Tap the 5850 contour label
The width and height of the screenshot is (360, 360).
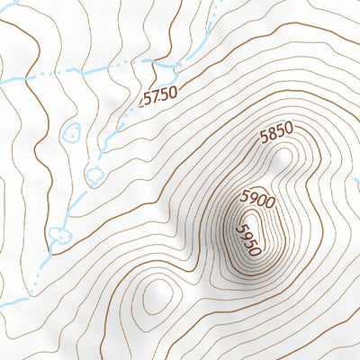[276, 134]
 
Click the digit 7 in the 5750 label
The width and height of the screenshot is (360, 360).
[152, 95]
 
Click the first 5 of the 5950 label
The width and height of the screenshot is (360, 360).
[239, 229]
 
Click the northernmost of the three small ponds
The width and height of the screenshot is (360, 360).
[71, 133]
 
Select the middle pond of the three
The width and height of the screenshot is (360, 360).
[94, 174]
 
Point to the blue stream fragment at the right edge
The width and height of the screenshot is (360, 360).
[356, 184]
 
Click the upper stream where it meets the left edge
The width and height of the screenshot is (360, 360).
[4, 81]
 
